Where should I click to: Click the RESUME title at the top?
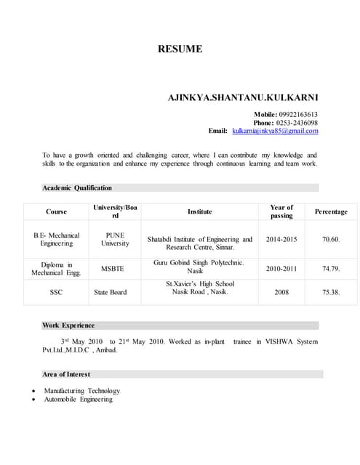(x=180, y=49)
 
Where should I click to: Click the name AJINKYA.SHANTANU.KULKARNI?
(x=243, y=97)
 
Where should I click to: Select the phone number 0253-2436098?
(x=297, y=123)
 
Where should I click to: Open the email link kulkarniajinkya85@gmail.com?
(x=275, y=131)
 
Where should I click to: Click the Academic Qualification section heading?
(x=77, y=187)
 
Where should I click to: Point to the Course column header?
(x=56, y=211)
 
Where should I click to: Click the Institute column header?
(x=200, y=211)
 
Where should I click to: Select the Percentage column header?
(x=331, y=211)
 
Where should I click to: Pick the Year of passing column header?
(x=281, y=211)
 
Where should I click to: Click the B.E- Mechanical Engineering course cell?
(x=56, y=239)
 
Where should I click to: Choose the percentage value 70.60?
(x=331, y=239)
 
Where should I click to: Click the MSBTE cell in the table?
(x=113, y=269)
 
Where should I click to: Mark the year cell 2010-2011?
(x=281, y=269)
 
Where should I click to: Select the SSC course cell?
(x=56, y=292)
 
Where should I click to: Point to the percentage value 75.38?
(x=331, y=292)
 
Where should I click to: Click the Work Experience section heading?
(x=68, y=325)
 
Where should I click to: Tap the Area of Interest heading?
(x=66, y=374)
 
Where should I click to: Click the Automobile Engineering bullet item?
(x=79, y=399)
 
